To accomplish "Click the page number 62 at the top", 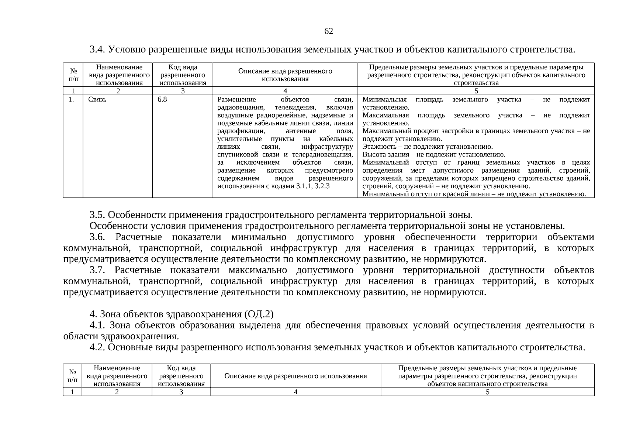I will pos(328,31).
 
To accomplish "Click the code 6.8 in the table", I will pos(162,100).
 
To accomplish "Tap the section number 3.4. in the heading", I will pos(98,49).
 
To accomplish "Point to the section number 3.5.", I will pos(98,215).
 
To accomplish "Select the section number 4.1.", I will pos(98,325).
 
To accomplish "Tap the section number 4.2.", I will pos(98,347).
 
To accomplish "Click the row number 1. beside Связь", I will pos(71,100).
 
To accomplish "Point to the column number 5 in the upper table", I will pos(476,91).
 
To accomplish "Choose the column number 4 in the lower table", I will pos(295,392).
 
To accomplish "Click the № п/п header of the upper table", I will pos(73,75).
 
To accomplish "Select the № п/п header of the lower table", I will pos(73,376).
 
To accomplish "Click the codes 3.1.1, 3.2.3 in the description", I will pos(313,186).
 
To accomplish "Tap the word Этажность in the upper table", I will pos(378,147).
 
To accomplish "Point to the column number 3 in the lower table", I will pos(181,392).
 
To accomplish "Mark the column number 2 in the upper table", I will pos(118,91).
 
